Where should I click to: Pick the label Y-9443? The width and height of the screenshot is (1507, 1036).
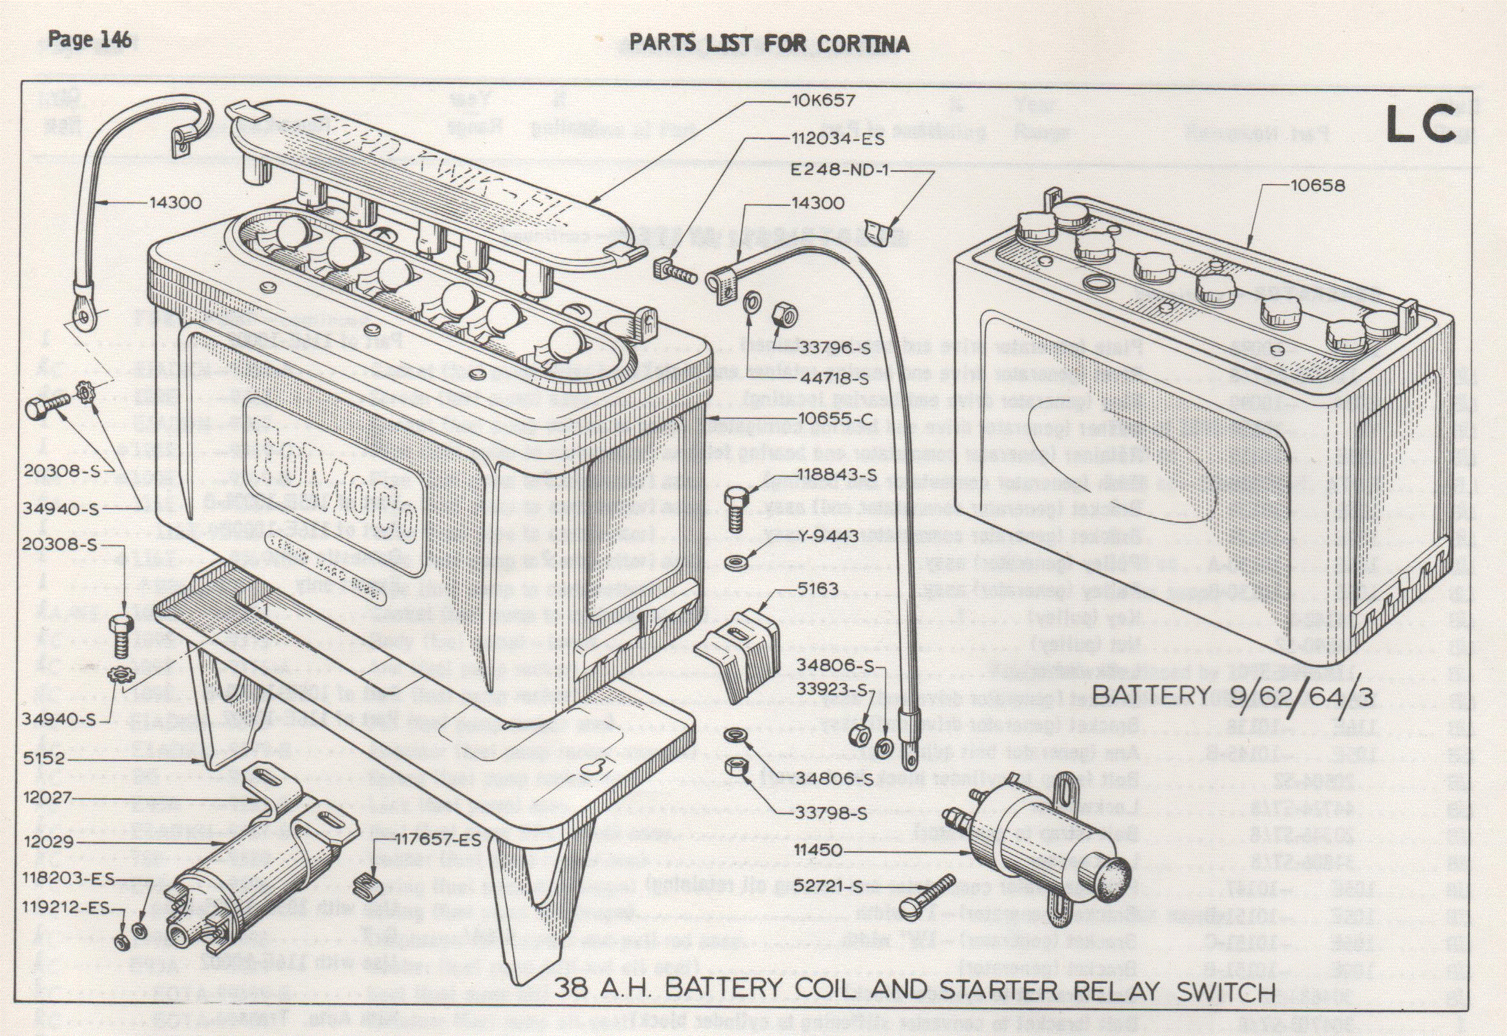coord(826,537)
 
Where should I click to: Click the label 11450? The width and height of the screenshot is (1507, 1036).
coord(817,849)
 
